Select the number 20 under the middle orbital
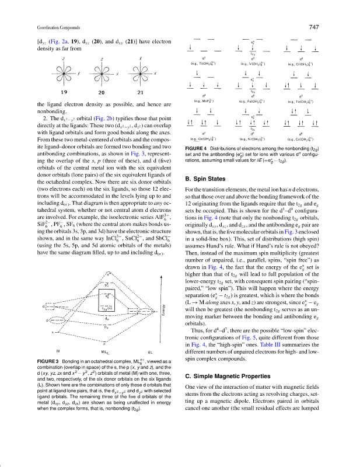coord(102,92)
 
